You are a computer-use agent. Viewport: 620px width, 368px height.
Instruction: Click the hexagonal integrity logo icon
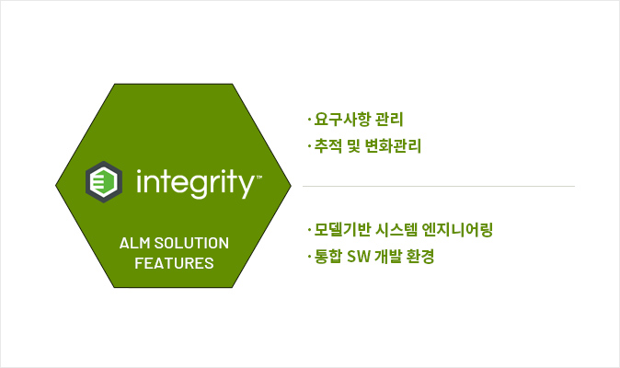[104, 182]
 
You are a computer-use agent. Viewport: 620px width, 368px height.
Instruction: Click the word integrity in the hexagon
[195, 183]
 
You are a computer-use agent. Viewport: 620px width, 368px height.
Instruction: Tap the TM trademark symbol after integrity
[259, 177]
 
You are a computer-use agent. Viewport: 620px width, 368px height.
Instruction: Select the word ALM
[135, 243]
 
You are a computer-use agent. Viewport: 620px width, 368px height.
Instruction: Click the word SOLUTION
[191, 243]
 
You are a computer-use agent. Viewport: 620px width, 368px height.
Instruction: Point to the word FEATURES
[174, 263]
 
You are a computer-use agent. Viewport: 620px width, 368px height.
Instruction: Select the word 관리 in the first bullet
[389, 120]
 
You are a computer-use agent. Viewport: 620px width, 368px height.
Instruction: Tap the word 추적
[328, 146]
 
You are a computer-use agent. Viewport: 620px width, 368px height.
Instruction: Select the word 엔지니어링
[457, 230]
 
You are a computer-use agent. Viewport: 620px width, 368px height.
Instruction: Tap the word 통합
[327, 256]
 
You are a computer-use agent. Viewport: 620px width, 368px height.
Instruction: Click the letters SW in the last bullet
[359, 257]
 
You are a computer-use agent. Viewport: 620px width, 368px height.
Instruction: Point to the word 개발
[388, 256]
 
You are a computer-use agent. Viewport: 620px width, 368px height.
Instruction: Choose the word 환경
[420, 256]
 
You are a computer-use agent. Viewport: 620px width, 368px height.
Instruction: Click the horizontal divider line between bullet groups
[439, 186]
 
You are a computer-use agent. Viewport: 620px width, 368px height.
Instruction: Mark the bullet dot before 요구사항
[309, 119]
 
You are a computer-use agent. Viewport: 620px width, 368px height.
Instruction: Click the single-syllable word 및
[353, 146]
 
